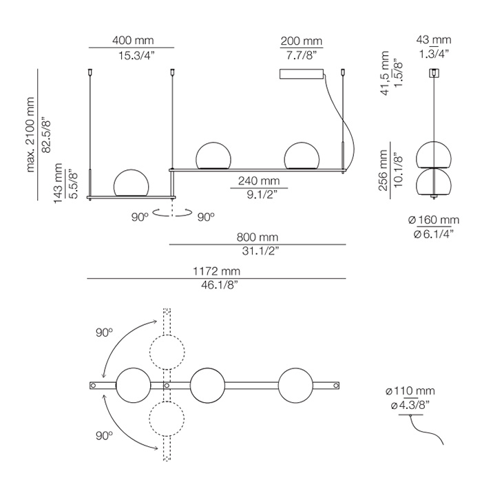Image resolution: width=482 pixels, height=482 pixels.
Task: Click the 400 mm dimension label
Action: (133, 40)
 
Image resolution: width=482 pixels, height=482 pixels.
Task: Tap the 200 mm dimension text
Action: (302, 41)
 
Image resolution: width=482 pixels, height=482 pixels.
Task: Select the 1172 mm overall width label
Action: (216, 271)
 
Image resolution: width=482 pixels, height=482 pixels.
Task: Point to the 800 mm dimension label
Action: (258, 238)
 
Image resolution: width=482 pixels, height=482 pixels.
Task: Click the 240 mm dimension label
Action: (259, 180)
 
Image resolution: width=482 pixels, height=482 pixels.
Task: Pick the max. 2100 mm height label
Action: (30, 134)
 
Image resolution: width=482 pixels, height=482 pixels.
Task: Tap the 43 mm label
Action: (434, 40)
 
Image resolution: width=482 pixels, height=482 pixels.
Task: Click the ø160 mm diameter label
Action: (434, 220)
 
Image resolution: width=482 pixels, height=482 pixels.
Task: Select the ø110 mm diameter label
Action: (410, 391)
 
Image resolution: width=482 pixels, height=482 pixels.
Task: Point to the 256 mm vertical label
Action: (383, 170)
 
